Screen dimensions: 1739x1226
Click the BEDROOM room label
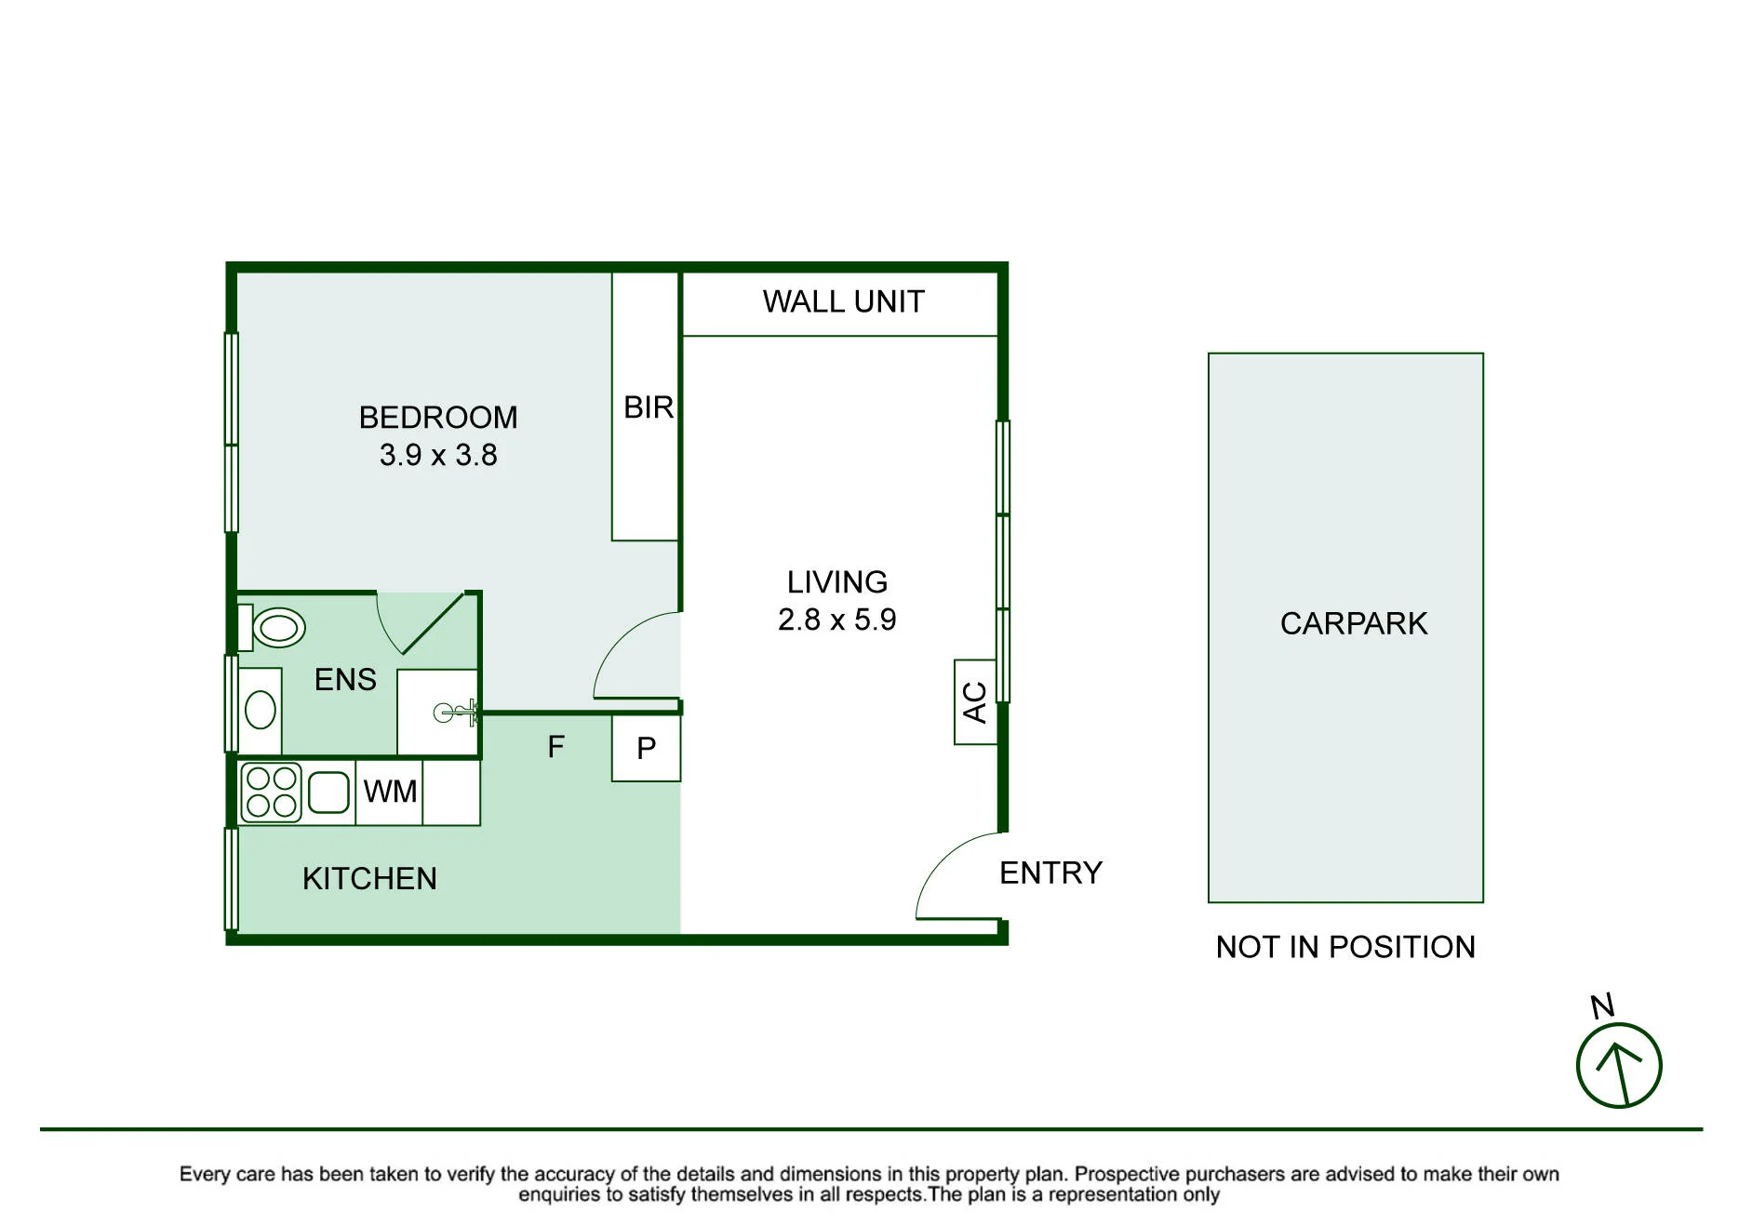(x=438, y=418)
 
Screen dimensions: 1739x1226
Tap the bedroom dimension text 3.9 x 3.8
(x=438, y=455)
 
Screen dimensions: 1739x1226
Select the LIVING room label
(x=837, y=582)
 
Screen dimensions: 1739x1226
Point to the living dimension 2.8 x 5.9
(x=837, y=620)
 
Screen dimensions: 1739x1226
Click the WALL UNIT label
(x=844, y=302)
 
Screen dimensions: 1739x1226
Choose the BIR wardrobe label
(x=649, y=407)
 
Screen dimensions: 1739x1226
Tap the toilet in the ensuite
(x=272, y=629)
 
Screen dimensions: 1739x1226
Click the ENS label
(x=345, y=680)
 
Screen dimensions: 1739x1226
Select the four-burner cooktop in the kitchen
(x=272, y=793)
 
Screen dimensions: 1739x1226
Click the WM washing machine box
(x=390, y=793)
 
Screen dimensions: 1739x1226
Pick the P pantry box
(x=646, y=748)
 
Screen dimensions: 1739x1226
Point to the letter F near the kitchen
(x=556, y=747)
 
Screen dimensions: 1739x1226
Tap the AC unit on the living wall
(x=975, y=702)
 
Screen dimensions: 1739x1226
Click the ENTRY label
(x=1051, y=873)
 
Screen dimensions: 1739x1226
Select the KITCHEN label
(x=369, y=879)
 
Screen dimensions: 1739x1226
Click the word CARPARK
(x=1354, y=624)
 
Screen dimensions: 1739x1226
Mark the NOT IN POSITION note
(x=1345, y=947)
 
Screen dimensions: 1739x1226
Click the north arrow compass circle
(x=1619, y=1066)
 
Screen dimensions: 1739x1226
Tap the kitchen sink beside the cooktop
(x=328, y=793)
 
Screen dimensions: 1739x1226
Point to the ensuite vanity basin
(x=261, y=712)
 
